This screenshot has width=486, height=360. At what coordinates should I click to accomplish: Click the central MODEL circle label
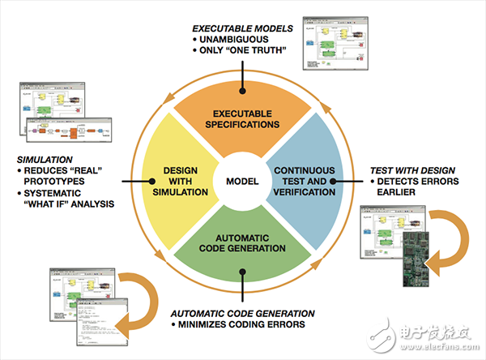point(242,180)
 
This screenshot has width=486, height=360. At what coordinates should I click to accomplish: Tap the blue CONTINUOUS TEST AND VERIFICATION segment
point(307,180)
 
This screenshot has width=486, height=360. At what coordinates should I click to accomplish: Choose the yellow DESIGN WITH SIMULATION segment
point(180,180)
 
